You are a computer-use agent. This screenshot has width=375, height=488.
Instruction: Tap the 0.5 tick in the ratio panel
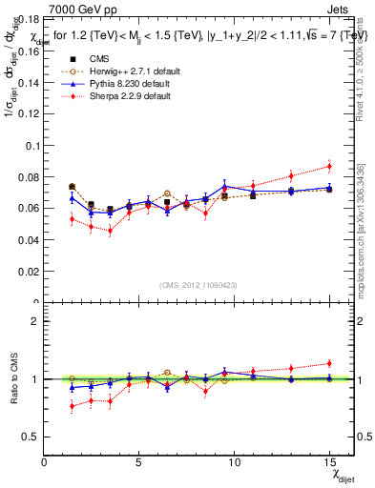[31, 437]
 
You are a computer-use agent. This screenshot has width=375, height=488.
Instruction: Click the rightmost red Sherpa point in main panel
[328, 166]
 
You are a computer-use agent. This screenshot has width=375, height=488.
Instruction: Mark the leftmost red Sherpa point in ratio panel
[73, 406]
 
